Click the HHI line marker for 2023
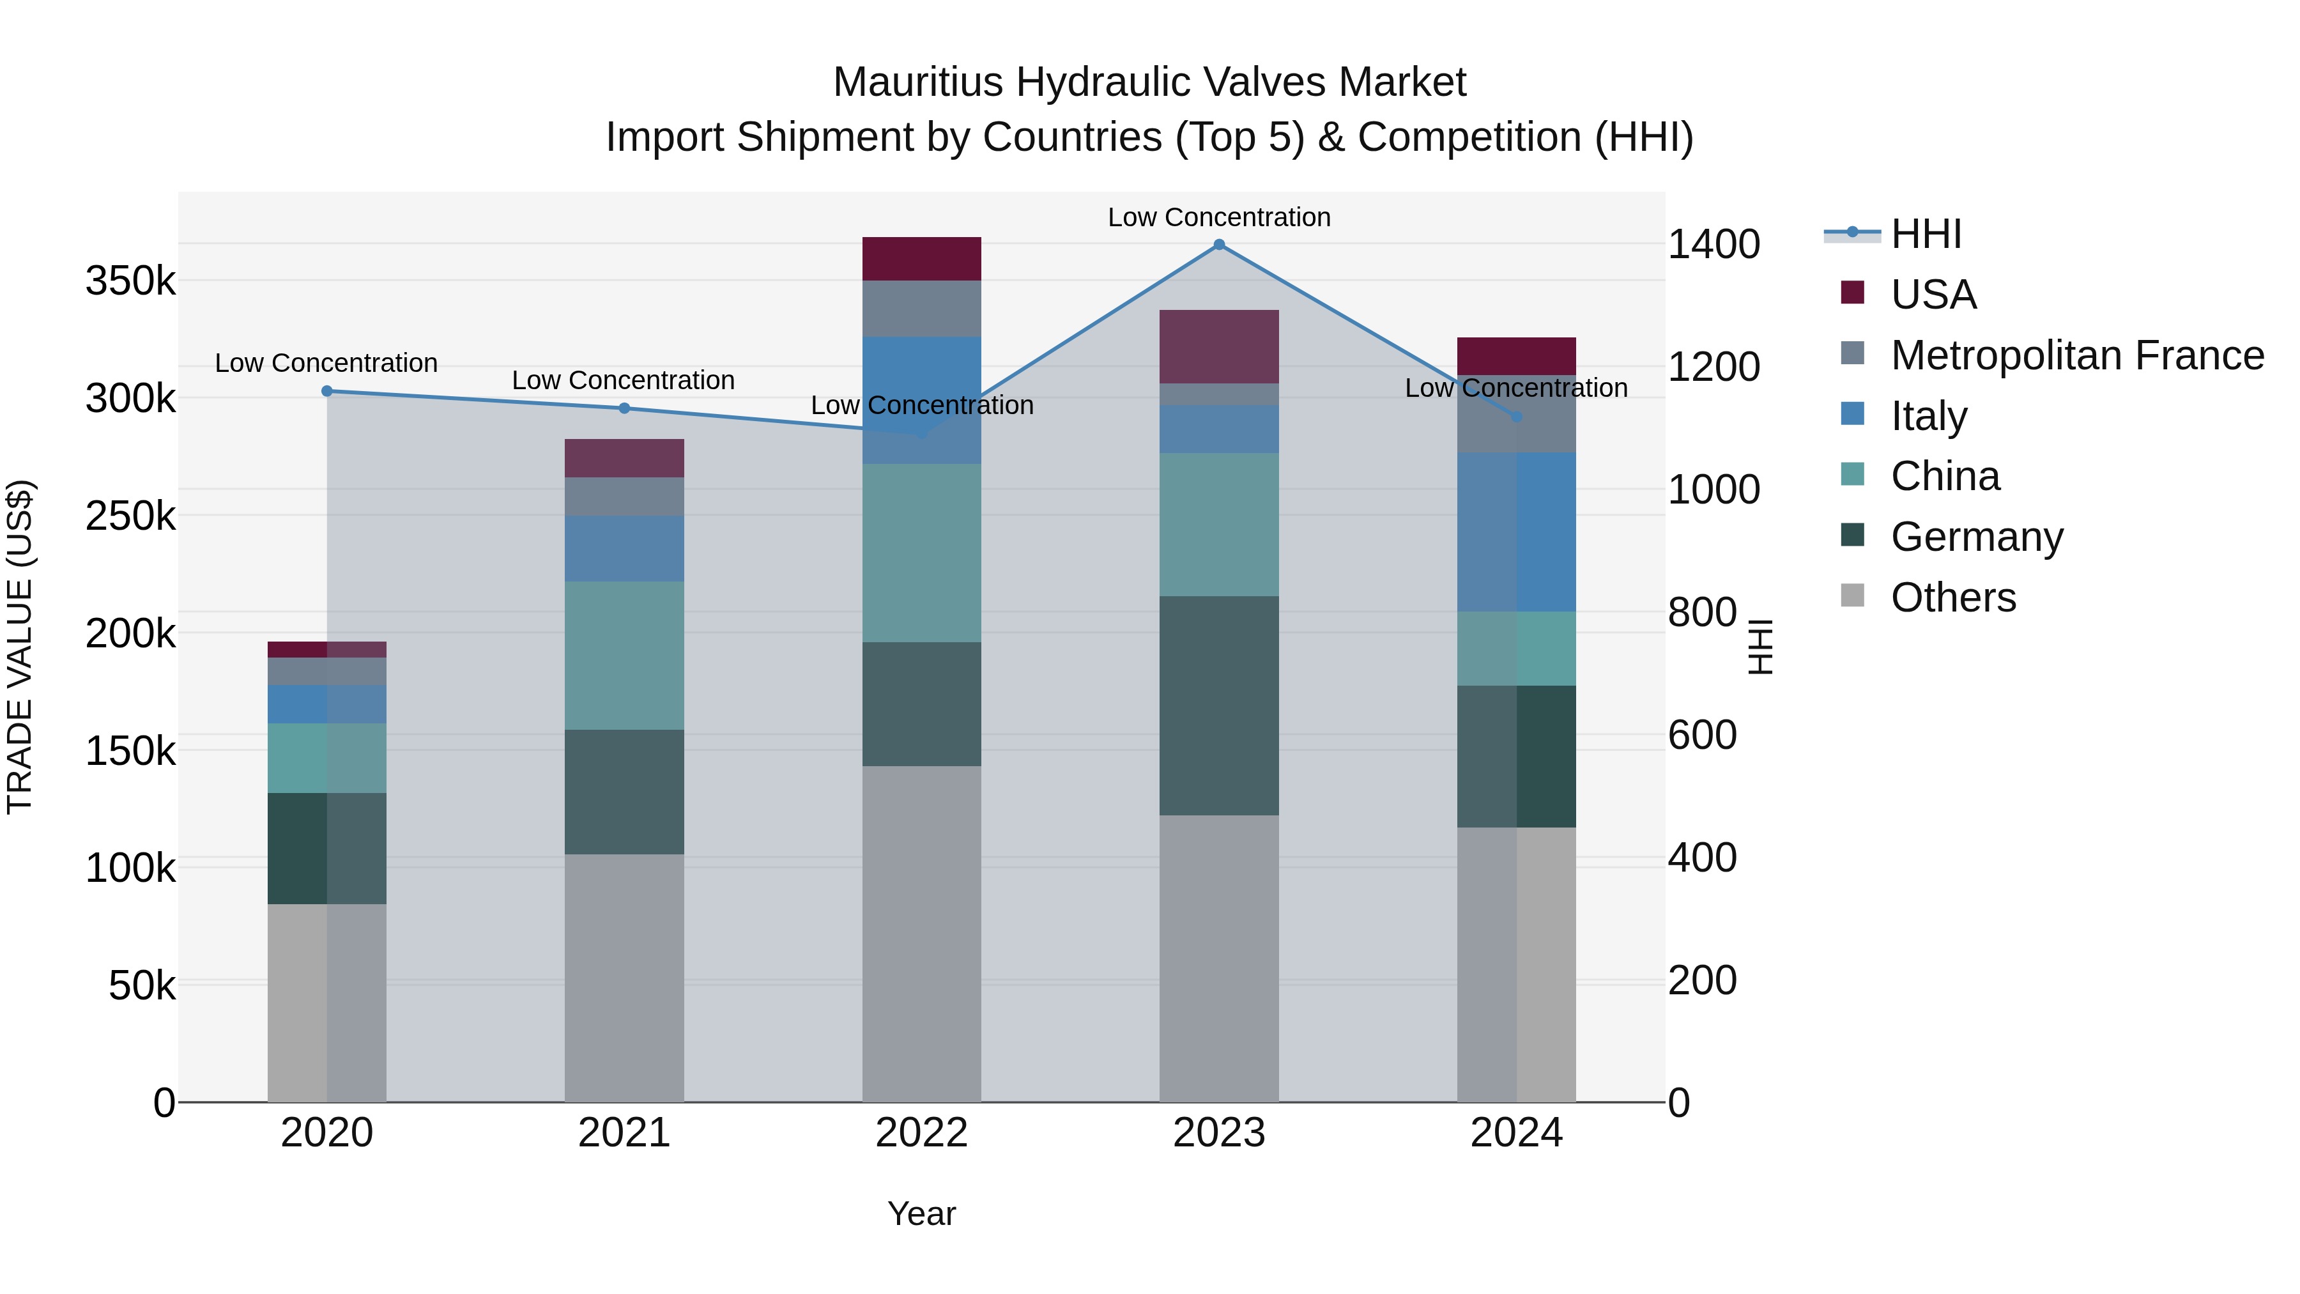coord(1219,245)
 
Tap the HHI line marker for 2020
coord(326,391)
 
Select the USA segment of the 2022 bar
coord(921,259)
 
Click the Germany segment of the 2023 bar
coord(1219,705)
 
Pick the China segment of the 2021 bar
coord(624,656)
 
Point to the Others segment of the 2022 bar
coord(921,933)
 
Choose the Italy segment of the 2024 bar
coord(1516,532)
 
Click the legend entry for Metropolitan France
coord(2077,355)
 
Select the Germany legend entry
coord(1977,537)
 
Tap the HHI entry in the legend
coord(1926,234)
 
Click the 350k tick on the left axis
coord(130,281)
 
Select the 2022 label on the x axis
coord(921,1133)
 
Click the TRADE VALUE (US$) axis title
coord(20,647)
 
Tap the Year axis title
coord(921,1213)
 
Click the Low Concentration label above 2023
coord(1219,217)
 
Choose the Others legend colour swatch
coord(1853,596)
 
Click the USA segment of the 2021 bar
coord(624,458)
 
